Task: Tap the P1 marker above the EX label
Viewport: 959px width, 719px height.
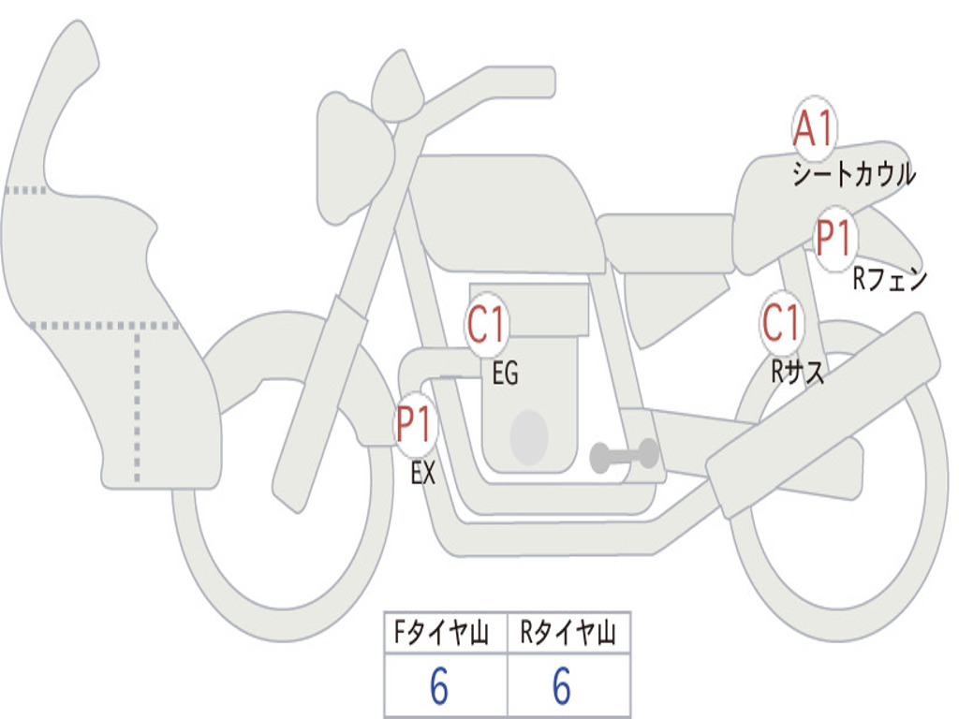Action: click(x=415, y=424)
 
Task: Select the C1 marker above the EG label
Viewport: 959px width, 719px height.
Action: click(x=487, y=324)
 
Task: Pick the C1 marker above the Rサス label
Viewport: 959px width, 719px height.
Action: click(x=781, y=322)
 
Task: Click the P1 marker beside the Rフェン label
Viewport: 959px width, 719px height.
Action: click(x=834, y=239)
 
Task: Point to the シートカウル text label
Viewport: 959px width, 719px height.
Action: click(x=854, y=174)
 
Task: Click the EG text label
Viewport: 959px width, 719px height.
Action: click(x=505, y=373)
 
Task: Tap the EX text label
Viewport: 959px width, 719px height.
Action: click(x=422, y=473)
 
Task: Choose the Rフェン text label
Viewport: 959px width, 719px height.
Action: click(x=890, y=279)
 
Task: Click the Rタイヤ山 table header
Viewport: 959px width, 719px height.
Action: click(x=568, y=633)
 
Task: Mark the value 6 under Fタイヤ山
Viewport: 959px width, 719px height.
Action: click(x=439, y=685)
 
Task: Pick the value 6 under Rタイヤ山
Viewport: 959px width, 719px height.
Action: click(x=562, y=685)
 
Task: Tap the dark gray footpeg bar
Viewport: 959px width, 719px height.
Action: click(x=624, y=456)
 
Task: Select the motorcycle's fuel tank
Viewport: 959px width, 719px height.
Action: click(x=505, y=211)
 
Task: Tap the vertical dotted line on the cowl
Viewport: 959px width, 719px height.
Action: click(x=137, y=405)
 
